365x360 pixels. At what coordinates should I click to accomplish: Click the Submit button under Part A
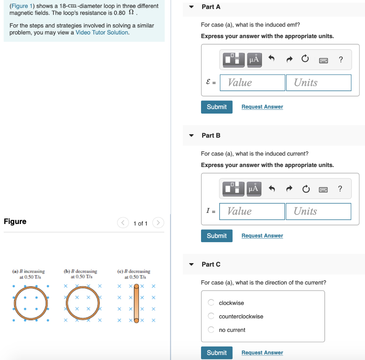pos(216,107)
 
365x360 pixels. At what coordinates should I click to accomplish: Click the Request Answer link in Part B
pos(262,236)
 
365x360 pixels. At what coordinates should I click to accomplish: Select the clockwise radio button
pos(211,303)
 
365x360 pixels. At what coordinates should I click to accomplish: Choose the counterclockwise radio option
pos(211,316)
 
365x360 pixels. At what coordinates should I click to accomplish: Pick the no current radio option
pos(211,330)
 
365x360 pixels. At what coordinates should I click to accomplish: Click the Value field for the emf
pos(252,83)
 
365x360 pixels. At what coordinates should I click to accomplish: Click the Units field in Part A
pos(318,83)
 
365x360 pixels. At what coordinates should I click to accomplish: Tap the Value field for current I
pos(252,212)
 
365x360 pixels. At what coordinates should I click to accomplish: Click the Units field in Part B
pos(318,212)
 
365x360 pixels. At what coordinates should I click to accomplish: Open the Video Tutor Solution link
pos(102,32)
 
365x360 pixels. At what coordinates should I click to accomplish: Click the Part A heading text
pos(211,7)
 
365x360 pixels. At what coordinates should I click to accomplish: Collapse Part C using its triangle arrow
pos(192,265)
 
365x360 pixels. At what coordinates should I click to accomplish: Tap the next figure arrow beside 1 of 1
pos(158,223)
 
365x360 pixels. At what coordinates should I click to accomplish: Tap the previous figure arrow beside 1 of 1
pos(123,223)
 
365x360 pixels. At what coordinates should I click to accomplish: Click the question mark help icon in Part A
pos(341,59)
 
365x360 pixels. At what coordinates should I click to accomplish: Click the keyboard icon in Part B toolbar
pos(323,189)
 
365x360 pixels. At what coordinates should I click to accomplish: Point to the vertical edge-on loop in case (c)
pos(136,303)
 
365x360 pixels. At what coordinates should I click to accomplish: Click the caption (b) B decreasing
pos(81,271)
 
